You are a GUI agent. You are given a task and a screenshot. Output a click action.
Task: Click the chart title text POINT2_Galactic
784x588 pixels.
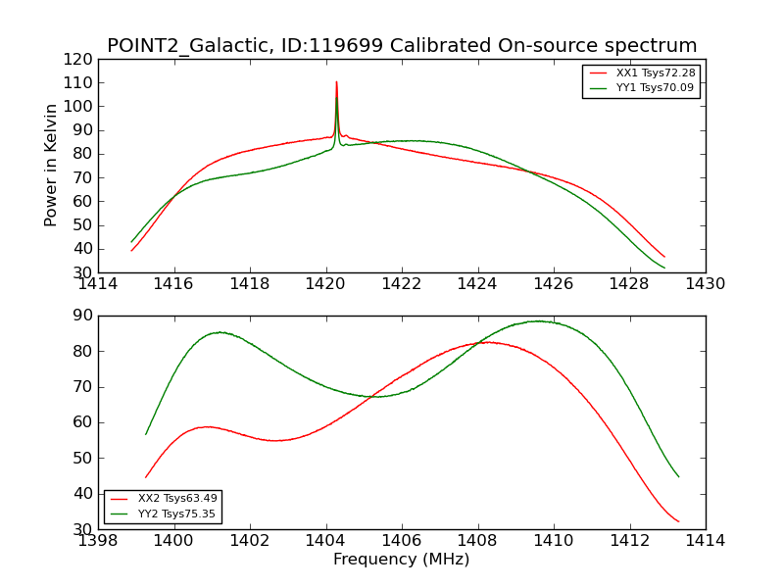point(185,46)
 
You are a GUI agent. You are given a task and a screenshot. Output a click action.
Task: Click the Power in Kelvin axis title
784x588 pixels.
point(51,166)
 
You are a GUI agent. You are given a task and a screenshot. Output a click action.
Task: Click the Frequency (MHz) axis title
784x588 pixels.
point(401,560)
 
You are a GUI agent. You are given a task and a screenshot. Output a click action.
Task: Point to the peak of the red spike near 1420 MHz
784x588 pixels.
point(336,82)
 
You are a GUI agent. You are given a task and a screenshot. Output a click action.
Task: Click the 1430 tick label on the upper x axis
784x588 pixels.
point(705,284)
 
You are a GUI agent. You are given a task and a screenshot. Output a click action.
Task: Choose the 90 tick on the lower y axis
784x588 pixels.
point(82,316)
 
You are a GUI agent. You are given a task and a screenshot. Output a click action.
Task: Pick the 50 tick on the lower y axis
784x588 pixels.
point(82,458)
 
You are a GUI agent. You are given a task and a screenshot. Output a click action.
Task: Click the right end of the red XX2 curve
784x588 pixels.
point(678,521)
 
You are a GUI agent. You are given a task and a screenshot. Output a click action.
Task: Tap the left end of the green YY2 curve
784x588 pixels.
point(146,434)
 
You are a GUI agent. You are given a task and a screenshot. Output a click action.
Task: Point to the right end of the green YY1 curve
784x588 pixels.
point(664,268)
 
